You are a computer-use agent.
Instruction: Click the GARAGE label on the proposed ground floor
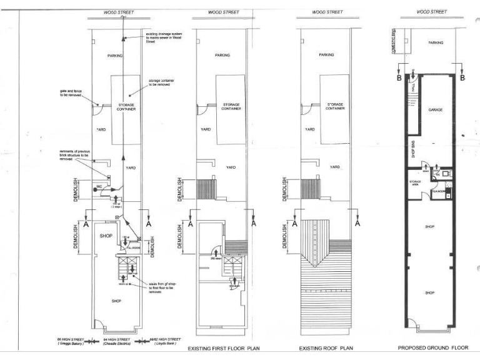coord(436,109)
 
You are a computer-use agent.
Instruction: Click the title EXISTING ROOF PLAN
coord(322,347)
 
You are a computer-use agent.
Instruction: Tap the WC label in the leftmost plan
coord(99,186)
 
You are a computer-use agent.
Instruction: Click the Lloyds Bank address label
coord(167,342)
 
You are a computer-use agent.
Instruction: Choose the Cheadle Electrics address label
coord(117,342)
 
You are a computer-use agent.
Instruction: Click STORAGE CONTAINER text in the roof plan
coord(335,106)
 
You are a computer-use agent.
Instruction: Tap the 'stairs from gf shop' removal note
coord(164,287)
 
